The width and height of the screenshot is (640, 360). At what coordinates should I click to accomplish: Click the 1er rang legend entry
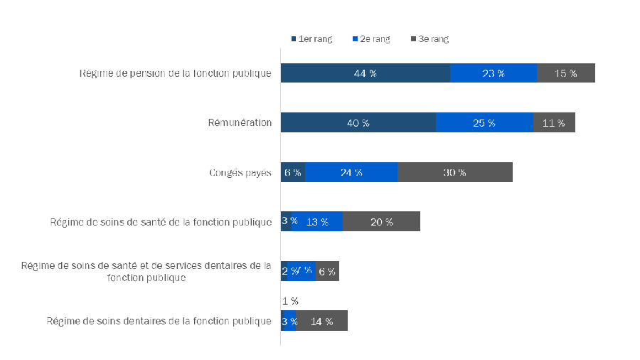pyautogui.click(x=311, y=39)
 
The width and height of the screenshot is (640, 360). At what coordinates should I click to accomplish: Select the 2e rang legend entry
pyautogui.click(x=370, y=39)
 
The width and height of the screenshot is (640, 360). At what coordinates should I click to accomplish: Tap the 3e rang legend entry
pyautogui.click(x=430, y=39)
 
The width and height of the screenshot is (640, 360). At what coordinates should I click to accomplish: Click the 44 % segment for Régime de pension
pyautogui.click(x=365, y=73)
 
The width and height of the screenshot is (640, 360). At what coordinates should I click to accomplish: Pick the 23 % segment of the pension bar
pyautogui.click(x=493, y=73)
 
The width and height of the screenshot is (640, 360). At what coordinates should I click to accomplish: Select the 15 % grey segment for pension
pyautogui.click(x=565, y=73)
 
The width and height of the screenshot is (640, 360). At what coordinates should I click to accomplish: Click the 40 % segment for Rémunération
pyautogui.click(x=358, y=123)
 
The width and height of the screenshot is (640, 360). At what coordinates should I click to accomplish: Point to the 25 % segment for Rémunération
pyautogui.click(x=484, y=123)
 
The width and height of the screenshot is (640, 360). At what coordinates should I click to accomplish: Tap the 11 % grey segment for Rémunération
pyautogui.click(x=553, y=123)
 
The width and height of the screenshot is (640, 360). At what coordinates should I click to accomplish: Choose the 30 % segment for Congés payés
pyautogui.click(x=454, y=172)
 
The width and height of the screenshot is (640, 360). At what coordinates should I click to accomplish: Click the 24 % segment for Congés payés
pyautogui.click(x=351, y=172)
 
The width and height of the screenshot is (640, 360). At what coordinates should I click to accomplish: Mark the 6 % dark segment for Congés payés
pyautogui.click(x=292, y=172)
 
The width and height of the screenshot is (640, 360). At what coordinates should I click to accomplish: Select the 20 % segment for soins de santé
pyautogui.click(x=381, y=222)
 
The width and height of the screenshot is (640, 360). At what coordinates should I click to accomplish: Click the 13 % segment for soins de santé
pyautogui.click(x=316, y=222)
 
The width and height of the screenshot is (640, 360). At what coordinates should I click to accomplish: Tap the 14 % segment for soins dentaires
pyautogui.click(x=321, y=321)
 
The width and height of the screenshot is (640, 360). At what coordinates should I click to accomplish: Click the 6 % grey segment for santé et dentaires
pyautogui.click(x=327, y=271)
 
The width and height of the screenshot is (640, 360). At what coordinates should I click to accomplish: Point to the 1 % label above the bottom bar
pyautogui.click(x=289, y=301)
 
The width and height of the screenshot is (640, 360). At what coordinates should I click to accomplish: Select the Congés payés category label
pyautogui.click(x=240, y=172)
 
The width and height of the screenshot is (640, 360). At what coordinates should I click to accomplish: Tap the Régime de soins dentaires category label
pyautogui.click(x=159, y=321)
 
